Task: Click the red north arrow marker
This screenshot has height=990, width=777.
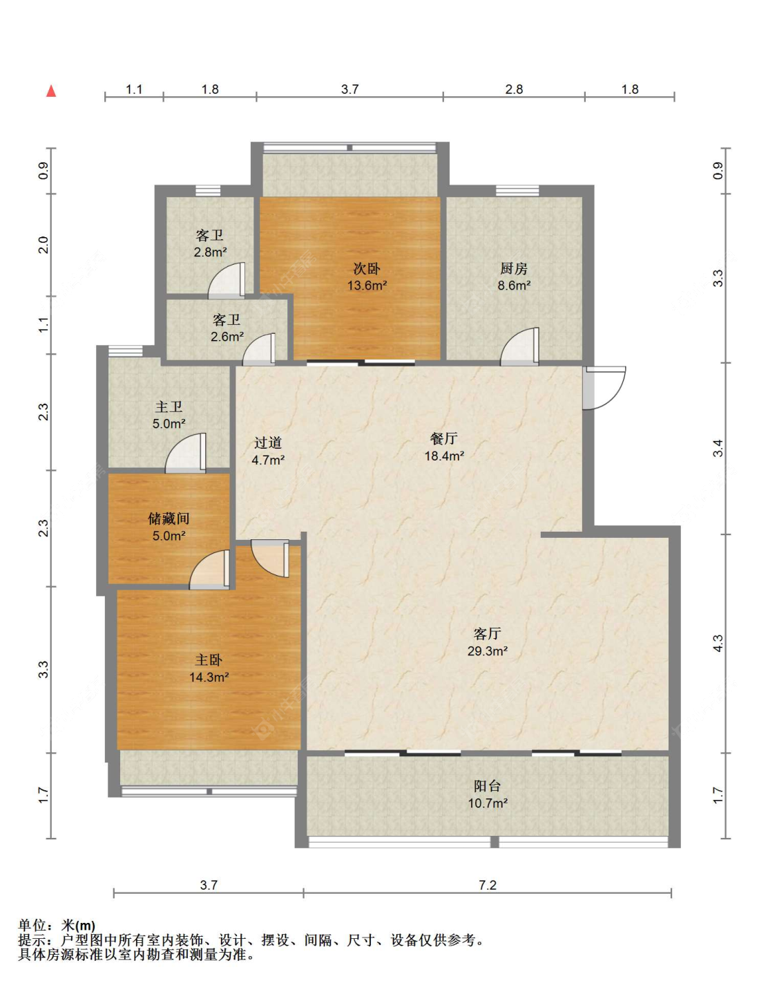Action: click(51, 91)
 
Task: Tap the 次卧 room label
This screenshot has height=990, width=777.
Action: click(367, 269)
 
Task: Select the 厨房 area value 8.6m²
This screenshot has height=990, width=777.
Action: click(514, 286)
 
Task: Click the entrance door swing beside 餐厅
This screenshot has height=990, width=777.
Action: click(605, 387)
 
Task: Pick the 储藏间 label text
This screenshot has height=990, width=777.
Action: click(169, 519)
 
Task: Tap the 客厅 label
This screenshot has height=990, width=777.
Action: click(487, 633)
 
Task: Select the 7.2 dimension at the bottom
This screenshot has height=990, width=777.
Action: click(487, 885)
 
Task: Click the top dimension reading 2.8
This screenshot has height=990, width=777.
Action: click(514, 89)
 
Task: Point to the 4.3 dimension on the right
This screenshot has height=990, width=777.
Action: click(718, 643)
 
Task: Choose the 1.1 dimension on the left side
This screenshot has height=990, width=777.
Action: click(44, 325)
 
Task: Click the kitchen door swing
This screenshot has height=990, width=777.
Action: click(520, 346)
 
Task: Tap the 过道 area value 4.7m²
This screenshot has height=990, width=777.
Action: click(269, 460)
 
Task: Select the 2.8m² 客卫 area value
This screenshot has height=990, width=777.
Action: click(210, 252)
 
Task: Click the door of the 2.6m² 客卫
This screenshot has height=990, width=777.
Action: click(259, 349)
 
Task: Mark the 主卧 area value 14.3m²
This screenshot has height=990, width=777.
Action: click(209, 677)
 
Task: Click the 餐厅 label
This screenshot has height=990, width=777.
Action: click(444, 438)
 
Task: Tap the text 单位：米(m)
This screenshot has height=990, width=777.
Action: click(57, 925)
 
